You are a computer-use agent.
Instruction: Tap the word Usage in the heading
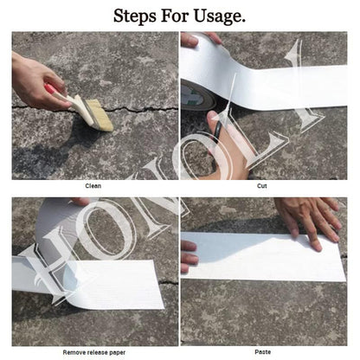(219, 16)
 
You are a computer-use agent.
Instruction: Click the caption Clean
(93, 186)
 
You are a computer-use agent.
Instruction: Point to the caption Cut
(262, 186)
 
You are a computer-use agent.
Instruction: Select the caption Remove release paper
(93, 351)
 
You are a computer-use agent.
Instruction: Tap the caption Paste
(262, 351)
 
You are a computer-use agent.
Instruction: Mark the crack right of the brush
(143, 111)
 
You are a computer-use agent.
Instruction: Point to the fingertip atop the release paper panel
(80, 202)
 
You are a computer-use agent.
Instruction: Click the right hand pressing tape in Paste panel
(312, 218)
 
